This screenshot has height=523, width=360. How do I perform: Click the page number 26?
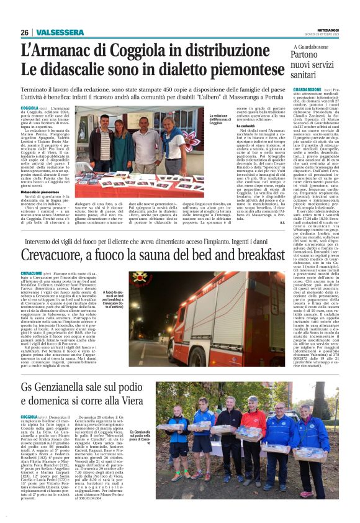click(x=24, y=32)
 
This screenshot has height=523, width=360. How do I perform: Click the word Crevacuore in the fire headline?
click(x=60, y=255)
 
